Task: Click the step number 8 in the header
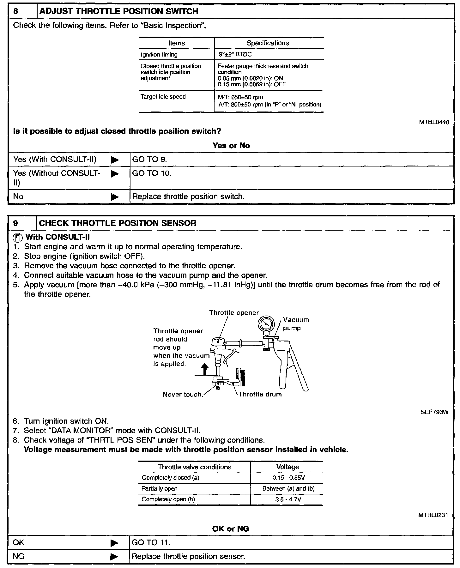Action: tap(16, 11)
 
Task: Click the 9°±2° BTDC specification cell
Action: tap(235, 54)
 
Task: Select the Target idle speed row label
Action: tap(163, 97)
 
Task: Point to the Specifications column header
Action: tap(268, 43)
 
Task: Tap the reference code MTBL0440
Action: tap(434, 122)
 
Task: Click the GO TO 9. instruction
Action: tap(149, 159)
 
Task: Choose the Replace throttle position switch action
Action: tap(188, 196)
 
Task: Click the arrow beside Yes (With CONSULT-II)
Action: tap(115, 160)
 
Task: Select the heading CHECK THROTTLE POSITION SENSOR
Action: tap(118, 223)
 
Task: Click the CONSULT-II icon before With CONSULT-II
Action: tap(18, 237)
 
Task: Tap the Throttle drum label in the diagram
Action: tap(260, 394)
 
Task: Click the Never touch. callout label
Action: tap(182, 395)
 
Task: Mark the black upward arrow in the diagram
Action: tap(205, 369)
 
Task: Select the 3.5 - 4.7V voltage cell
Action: tap(287, 499)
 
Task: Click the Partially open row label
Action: tap(160, 489)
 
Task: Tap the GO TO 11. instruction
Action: tap(151, 543)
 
